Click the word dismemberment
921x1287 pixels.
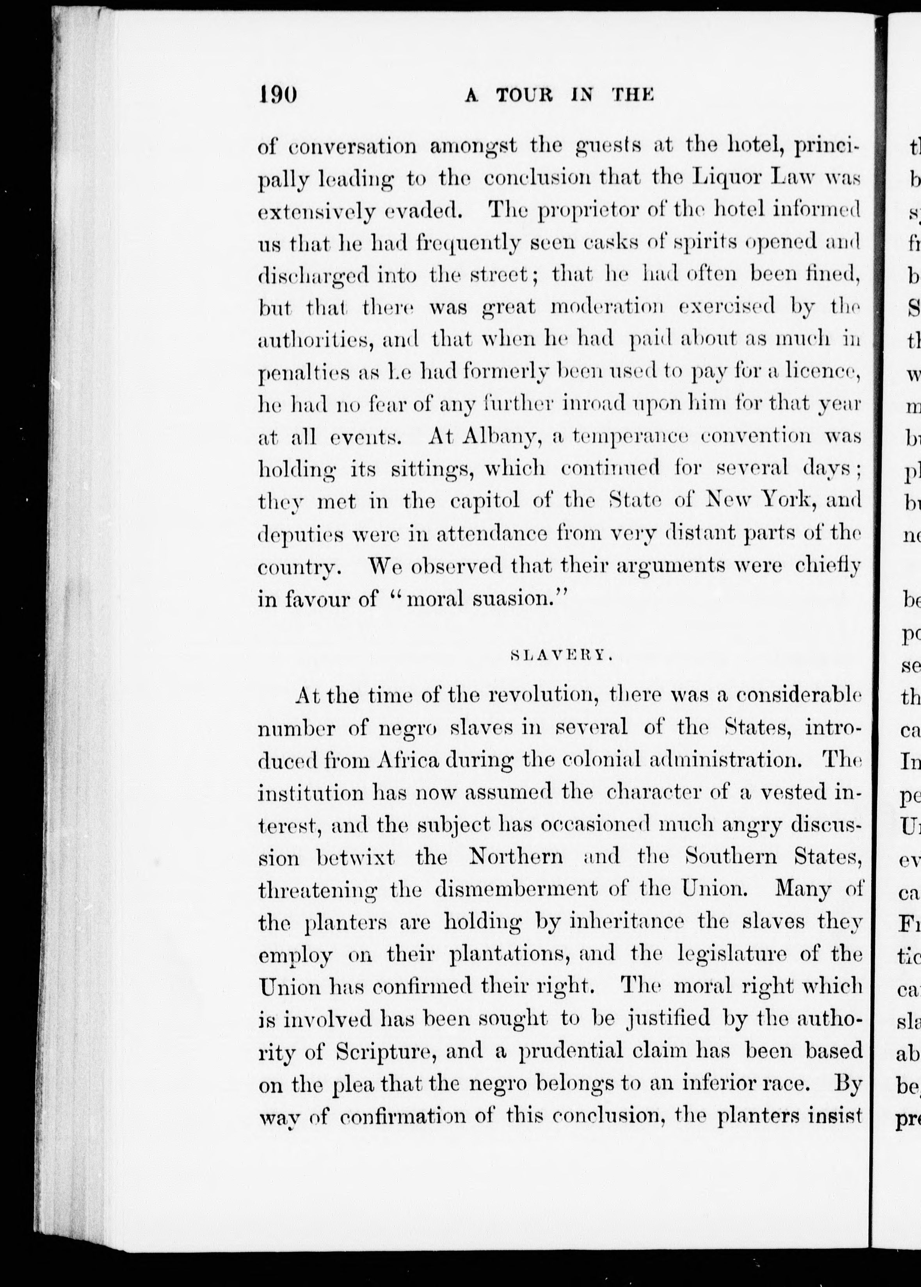click(516, 889)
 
